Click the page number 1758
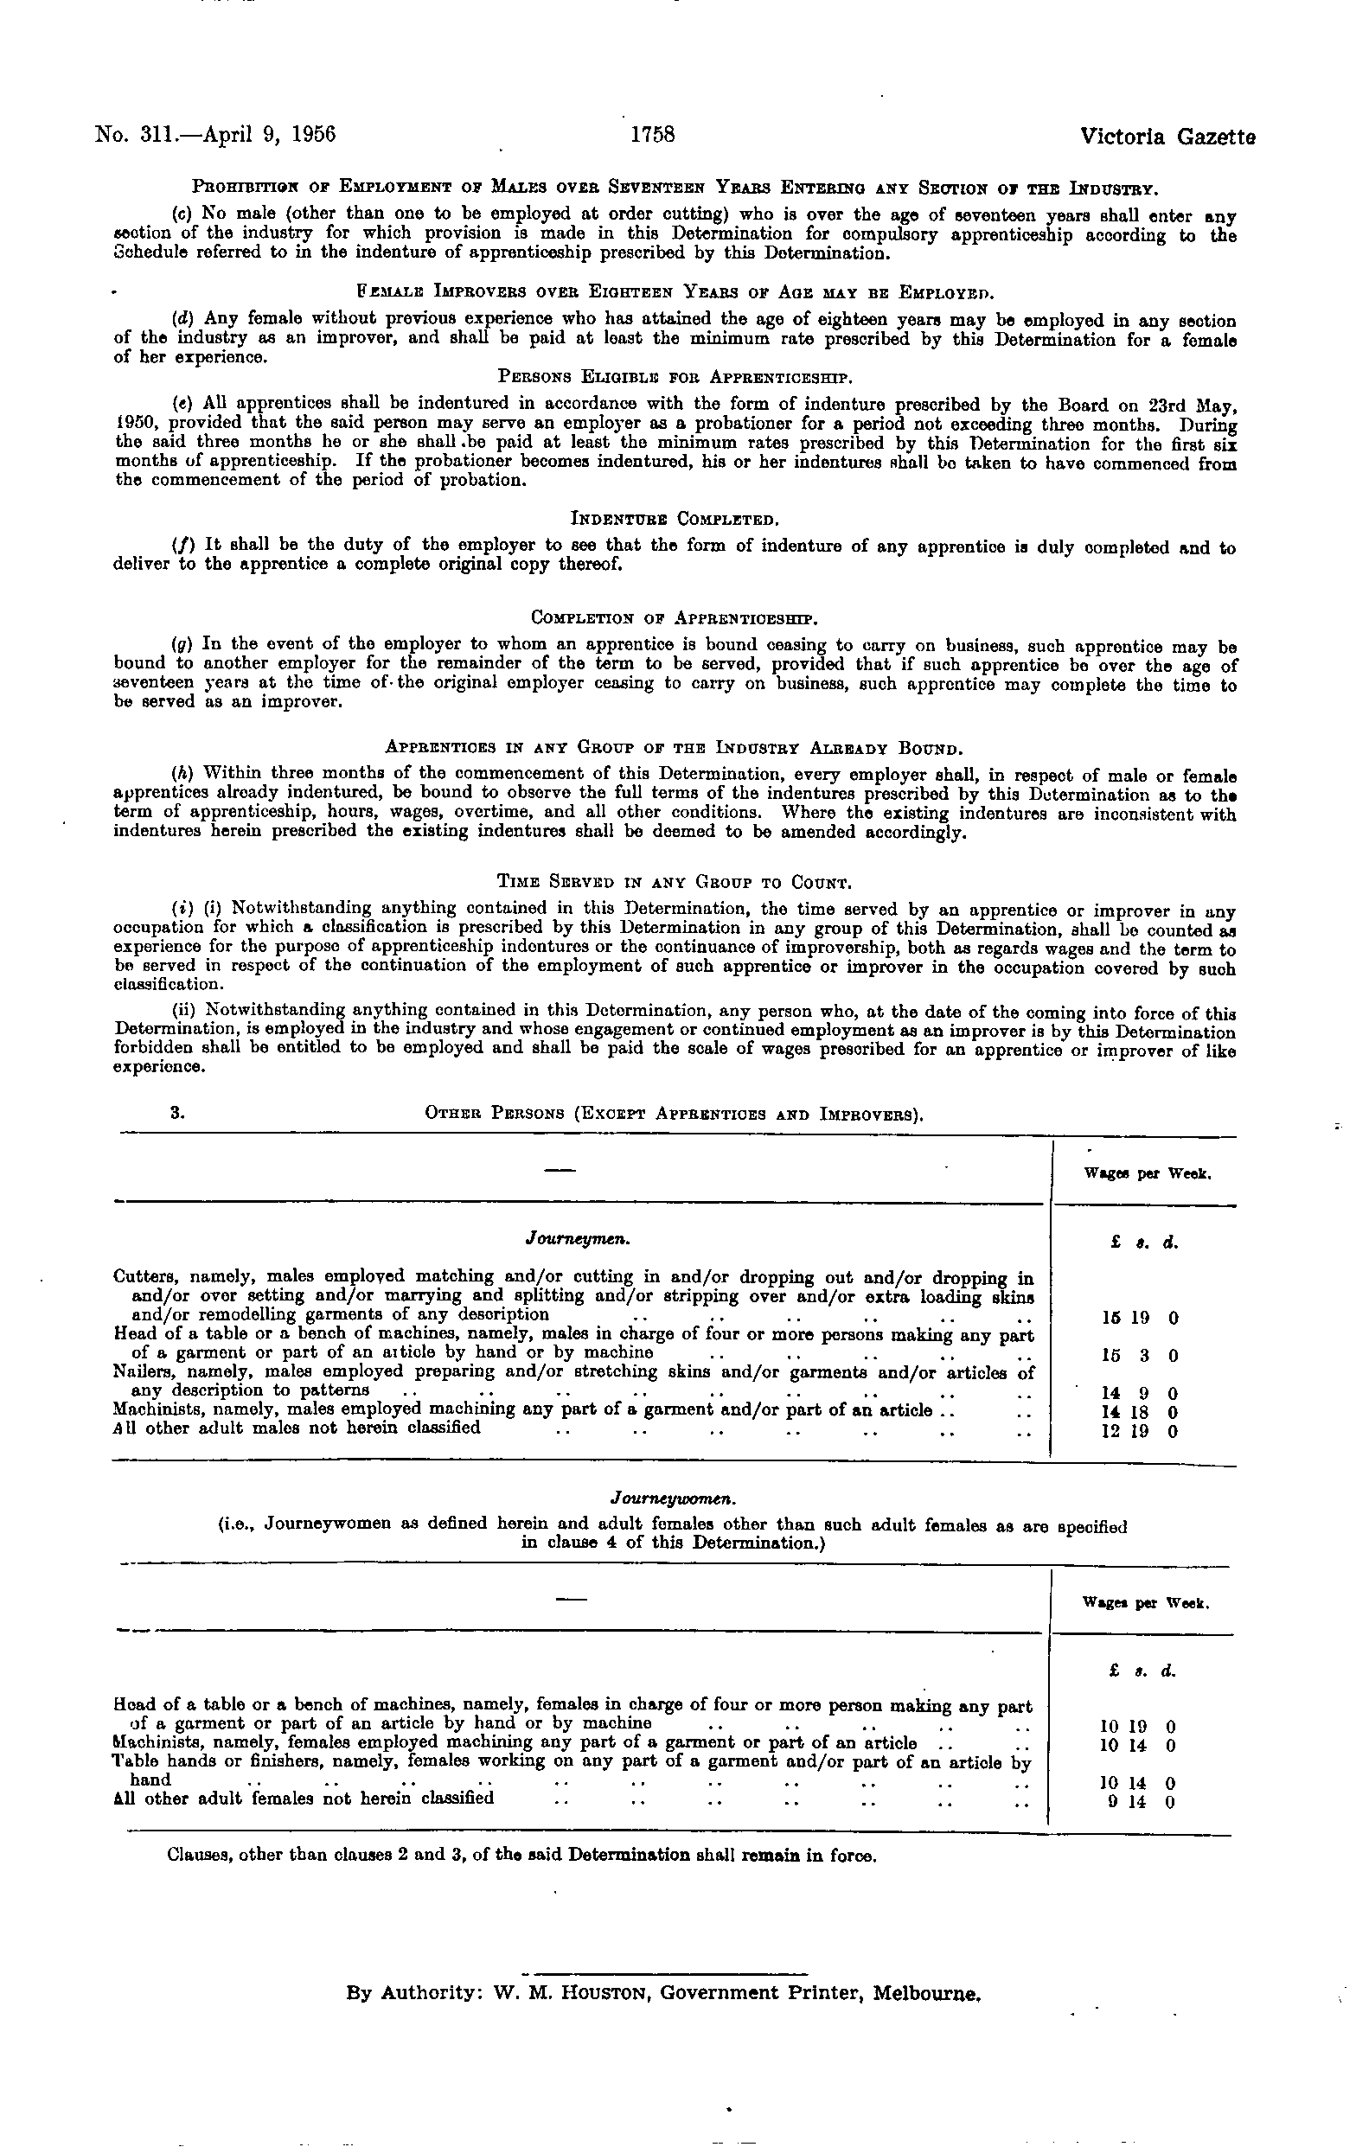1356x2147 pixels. click(x=653, y=136)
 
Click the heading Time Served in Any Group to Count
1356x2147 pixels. click(x=675, y=883)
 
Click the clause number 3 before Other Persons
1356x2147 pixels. click(x=175, y=1114)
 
